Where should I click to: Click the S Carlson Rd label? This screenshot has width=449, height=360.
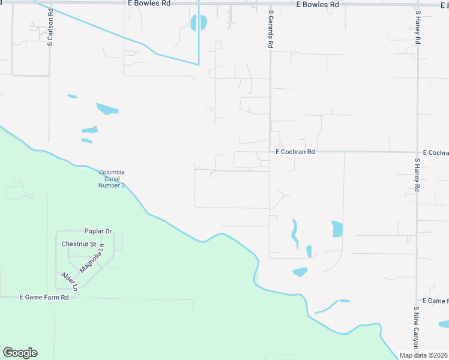click(x=51, y=28)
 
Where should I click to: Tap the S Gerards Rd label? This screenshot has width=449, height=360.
click(x=271, y=29)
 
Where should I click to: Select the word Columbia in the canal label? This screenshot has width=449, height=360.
click(x=112, y=172)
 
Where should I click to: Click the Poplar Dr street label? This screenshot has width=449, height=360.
click(x=98, y=231)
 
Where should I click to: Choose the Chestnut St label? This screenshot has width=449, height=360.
click(x=79, y=244)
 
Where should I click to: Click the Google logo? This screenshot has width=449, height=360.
click(x=20, y=353)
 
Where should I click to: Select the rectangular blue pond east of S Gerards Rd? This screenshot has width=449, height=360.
click(x=337, y=229)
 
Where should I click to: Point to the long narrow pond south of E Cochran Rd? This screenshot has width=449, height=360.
click(x=294, y=233)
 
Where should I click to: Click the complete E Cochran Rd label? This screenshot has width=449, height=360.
click(x=295, y=152)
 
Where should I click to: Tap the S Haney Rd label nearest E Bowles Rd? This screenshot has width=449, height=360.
click(x=417, y=27)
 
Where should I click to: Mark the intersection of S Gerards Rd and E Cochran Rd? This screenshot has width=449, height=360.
click(x=270, y=152)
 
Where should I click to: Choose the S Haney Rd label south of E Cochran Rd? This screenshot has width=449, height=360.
click(x=417, y=175)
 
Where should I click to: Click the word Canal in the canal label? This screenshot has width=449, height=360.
click(x=112, y=179)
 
